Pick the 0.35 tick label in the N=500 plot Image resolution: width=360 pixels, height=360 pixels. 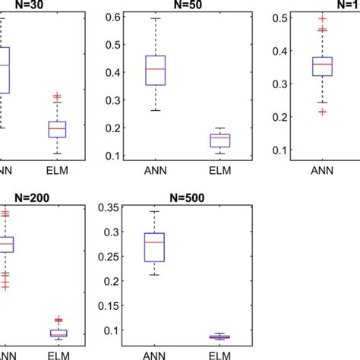[x=112, y=207]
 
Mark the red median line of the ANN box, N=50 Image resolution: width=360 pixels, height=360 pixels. [x=155, y=69]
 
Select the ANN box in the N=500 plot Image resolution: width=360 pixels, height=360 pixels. [x=155, y=247]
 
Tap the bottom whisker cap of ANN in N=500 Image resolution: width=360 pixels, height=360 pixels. [x=155, y=274]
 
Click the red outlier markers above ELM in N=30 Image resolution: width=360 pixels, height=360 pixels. [x=57, y=97]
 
